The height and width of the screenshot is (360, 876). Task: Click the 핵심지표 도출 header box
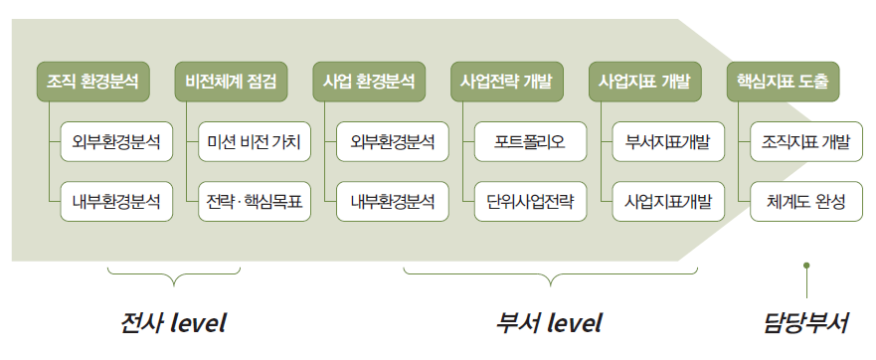pyautogui.click(x=784, y=80)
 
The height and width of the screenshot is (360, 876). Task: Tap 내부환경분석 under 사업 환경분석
pyautogui.click(x=393, y=201)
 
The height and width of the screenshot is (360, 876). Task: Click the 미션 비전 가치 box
pyautogui.click(x=255, y=141)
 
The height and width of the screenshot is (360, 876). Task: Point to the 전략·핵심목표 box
pyautogui.click(x=255, y=201)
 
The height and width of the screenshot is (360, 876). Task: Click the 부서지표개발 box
pyautogui.click(x=668, y=141)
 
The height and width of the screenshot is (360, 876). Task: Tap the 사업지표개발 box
pyautogui.click(x=668, y=201)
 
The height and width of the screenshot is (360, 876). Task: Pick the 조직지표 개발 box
pyautogui.click(x=806, y=141)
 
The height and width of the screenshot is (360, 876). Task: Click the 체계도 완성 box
pyautogui.click(x=806, y=201)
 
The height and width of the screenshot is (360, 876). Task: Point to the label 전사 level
pyautogui.click(x=173, y=323)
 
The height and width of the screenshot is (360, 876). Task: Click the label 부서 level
pyautogui.click(x=549, y=323)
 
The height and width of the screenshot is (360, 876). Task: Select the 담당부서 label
pyautogui.click(x=806, y=323)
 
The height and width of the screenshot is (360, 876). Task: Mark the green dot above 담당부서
pyautogui.click(x=806, y=266)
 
